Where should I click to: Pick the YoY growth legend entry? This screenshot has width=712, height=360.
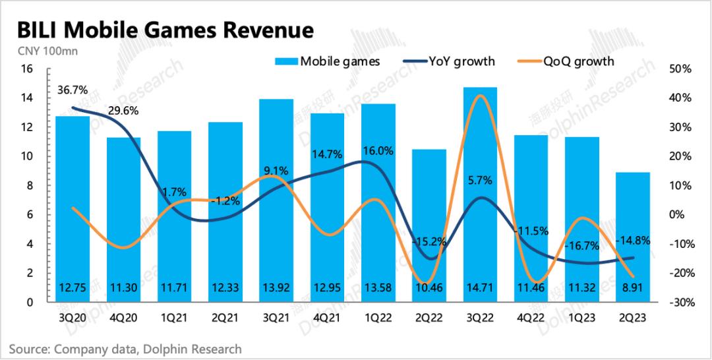453,61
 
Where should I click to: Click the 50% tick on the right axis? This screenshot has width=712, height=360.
678,69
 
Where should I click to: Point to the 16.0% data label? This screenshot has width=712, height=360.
378,150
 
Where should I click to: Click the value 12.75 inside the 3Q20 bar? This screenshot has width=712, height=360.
71,287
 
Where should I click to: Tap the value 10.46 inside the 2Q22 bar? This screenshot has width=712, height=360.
429,287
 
